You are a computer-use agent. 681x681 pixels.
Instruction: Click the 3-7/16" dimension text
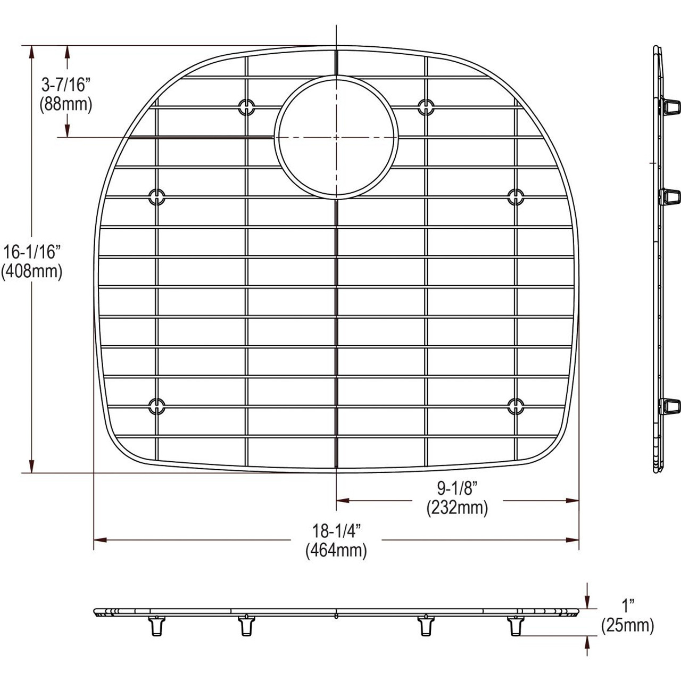pos(66,85)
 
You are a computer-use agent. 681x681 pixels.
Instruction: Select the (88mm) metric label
pos(66,104)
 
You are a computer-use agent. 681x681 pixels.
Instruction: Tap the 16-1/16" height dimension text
pos(32,252)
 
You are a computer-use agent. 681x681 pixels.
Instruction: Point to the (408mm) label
pos(32,271)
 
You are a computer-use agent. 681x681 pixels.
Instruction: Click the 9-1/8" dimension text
pos(457,488)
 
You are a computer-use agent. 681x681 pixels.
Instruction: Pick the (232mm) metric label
pos(457,508)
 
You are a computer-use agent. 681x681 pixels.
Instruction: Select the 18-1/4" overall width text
pos(336,530)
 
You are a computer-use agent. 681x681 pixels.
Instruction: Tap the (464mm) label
pos(336,551)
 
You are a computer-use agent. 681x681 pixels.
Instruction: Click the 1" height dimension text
pos(629,605)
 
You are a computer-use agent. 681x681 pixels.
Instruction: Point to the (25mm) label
pos(628,626)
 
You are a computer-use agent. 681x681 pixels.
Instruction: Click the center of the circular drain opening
pos(336,137)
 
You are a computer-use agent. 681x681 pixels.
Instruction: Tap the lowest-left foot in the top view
pos(156,406)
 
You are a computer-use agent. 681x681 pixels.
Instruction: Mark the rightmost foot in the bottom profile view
pos(515,626)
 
